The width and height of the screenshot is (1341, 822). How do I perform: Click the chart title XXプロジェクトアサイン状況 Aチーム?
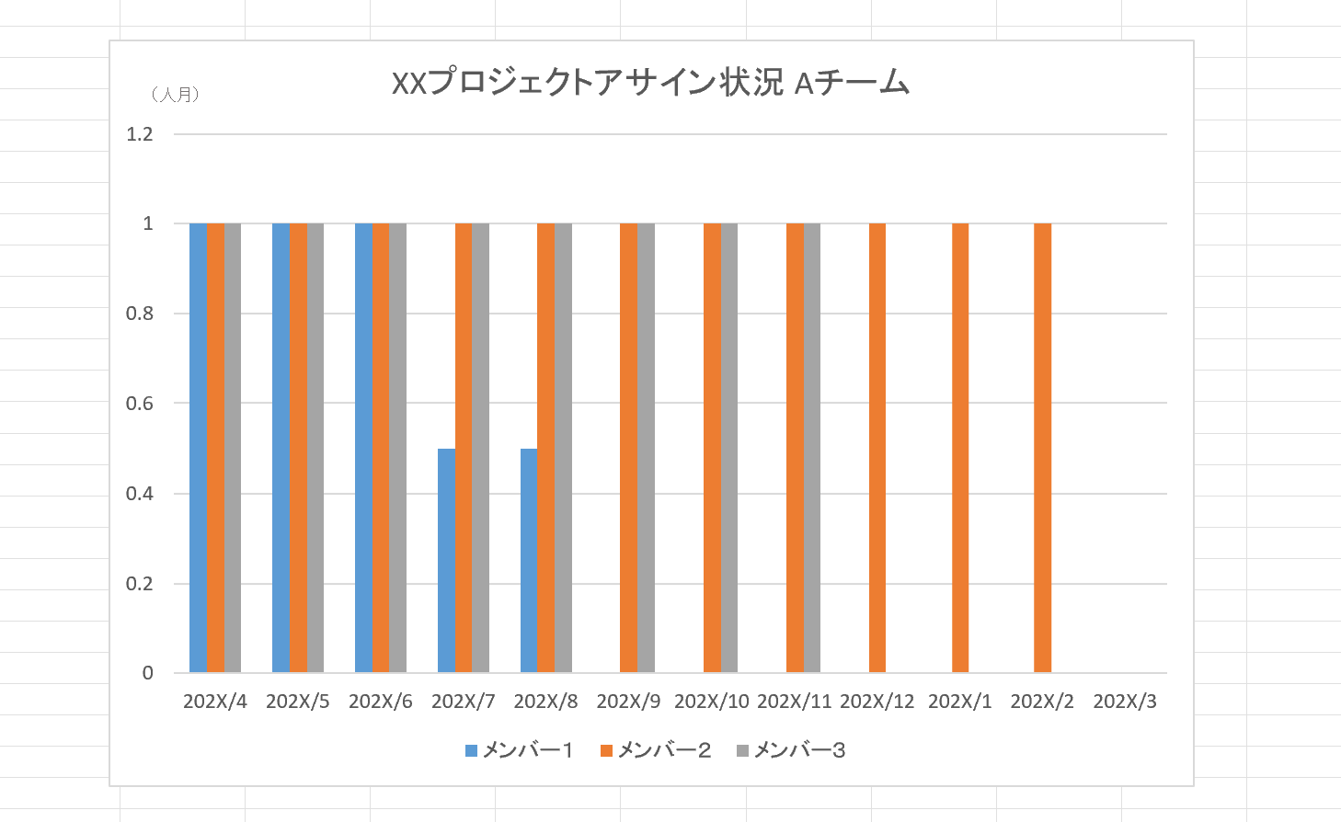(x=650, y=84)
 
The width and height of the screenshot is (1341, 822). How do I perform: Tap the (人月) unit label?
(x=175, y=94)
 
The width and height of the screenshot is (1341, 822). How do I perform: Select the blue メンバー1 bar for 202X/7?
(x=446, y=560)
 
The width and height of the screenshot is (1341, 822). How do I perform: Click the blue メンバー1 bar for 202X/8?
(x=529, y=560)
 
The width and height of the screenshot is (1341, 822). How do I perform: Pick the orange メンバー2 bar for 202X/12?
(x=877, y=448)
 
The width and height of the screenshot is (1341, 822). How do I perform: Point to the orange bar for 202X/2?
(x=1042, y=448)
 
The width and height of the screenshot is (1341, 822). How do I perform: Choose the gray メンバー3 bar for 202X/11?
(x=812, y=448)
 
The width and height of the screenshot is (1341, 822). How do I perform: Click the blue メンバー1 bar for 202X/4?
(x=198, y=448)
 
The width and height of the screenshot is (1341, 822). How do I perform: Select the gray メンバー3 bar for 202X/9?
(x=647, y=448)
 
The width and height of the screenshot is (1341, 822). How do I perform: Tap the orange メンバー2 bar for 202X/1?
(x=960, y=448)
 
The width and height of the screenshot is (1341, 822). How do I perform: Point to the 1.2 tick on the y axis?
(x=140, y=134)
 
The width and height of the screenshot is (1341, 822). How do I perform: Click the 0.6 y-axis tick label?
(x=140, y=404)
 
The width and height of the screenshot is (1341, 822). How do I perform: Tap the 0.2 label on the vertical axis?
(x=140, y=584)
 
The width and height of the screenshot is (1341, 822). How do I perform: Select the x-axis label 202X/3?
(x=1125, y=702)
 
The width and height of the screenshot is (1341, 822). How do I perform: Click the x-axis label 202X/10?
(x=712, y=702)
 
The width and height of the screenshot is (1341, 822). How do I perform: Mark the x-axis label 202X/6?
(x=381, y=702)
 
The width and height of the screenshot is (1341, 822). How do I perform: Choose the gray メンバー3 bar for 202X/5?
(x=315, y=448)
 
